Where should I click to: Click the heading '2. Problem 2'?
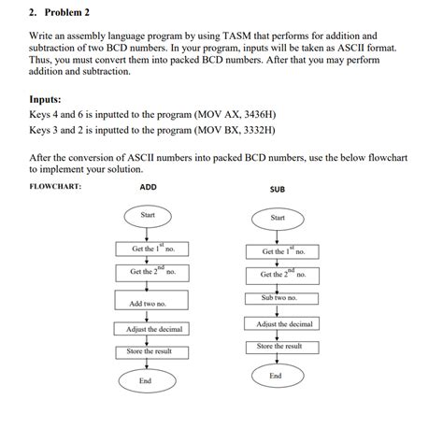click(59, 13)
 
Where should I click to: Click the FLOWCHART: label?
click(56, 186)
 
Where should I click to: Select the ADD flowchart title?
click(148, 187)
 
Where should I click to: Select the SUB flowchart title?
click(278, 189)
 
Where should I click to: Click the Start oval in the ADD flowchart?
click(148, 216)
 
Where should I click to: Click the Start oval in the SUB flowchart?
click(278, 218)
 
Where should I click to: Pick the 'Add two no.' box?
click(148, 303)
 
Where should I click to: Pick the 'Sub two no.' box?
click(279, 297)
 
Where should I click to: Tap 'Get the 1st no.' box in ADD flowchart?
click(152, 249)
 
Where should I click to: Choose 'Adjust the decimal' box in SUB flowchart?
click(284, 323)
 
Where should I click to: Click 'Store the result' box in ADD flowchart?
click(150, 351)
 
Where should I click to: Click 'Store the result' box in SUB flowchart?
click(279, 346)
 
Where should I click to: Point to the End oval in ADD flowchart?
click(145, 380)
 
